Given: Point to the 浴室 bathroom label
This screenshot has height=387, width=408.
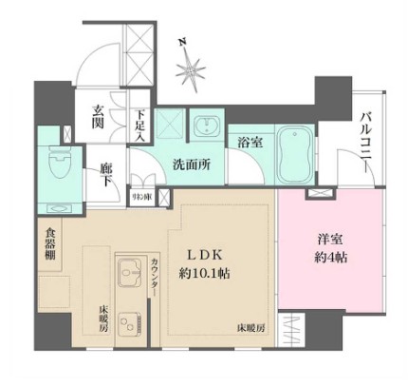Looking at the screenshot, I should click(250, 142).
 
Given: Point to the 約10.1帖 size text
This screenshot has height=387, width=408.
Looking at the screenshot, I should click(210, 273).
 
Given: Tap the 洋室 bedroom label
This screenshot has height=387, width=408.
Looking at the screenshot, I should click(332, 242).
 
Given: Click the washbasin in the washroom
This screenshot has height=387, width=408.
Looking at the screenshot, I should click(206, 126).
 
